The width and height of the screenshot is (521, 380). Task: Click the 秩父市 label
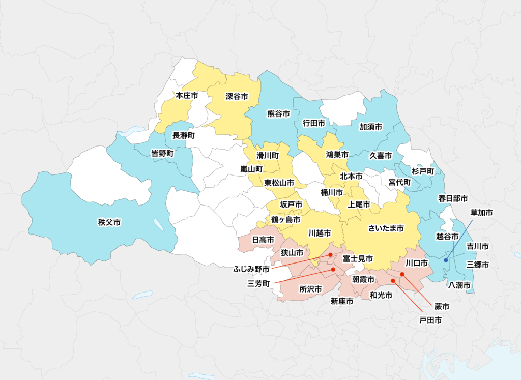pyautogui.click(x=109, y=222)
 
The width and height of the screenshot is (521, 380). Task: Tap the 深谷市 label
pyautogui.click(x=237, y=96)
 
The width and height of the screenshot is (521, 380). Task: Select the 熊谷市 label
pyautogui.click(x=278, y=114)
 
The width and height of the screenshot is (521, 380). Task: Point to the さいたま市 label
pyautogui.click(x=386, y=229)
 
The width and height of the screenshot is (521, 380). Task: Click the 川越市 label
pyautogui.click(x=320, y=233)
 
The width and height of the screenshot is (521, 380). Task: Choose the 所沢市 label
pyautogui.click(x=310, y=289)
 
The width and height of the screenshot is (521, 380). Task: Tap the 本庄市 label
pyautogui.click(x=187, y=95)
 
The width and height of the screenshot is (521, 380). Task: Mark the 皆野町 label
pyautogui.click(x=163, y=153)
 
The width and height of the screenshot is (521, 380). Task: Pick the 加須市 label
pyautogui.click(x=370, y=127)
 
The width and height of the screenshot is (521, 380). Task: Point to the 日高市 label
pyautogui.click(x=263, y=239)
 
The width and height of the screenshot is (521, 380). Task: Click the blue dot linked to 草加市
pyautogui.click(x=446, y=260)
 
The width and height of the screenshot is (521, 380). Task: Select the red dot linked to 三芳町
pyautogui.click(x=333, y=269)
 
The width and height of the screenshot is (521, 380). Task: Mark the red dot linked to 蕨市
pyautogui.click(x=402, y=275)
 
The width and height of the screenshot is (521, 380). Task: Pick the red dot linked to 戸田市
pyautogui.click(x=392, y=280)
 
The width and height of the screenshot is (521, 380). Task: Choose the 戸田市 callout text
pyautogui.click(x=430, y=320)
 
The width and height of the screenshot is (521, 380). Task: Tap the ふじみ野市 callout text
pyautogui.click(x=251, y=268)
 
